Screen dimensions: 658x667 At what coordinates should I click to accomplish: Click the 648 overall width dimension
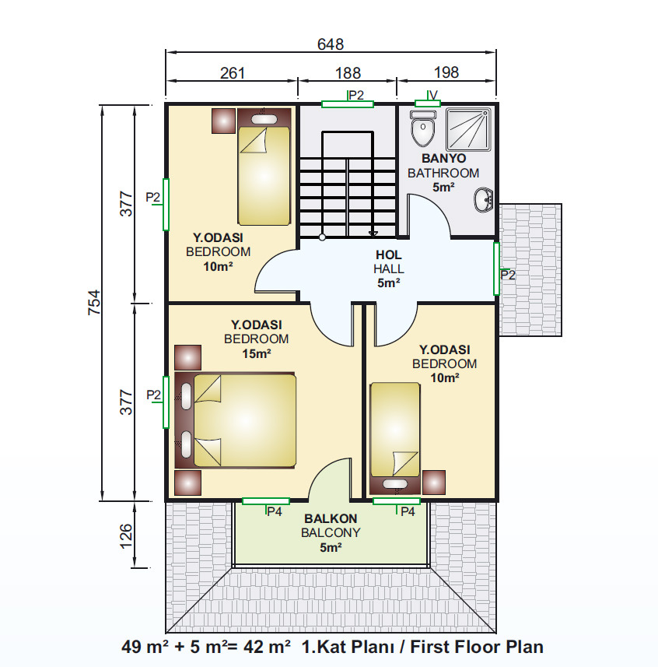click(331, 44)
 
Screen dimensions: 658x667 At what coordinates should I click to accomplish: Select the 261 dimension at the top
click(233, 73)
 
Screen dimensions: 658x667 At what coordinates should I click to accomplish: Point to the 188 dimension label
click(348, 73)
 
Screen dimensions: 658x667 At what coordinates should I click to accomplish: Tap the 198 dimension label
click(446, 72)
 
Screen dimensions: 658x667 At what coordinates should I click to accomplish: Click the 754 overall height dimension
click(94, 303)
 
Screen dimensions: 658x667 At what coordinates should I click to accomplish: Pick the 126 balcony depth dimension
click(126, 536)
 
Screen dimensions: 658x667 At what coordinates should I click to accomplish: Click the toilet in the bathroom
click(423, 128)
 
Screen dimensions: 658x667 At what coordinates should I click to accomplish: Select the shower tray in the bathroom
click(469, 129)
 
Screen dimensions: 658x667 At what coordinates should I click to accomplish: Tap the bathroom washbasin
click(484, 199)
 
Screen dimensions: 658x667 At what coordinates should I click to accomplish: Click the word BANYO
click(443, 158)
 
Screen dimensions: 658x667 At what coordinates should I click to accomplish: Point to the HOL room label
click(389, 255)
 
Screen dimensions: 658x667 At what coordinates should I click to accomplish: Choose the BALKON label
click(331, 518)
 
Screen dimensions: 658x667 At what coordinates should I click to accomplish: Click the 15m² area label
click(257, 353)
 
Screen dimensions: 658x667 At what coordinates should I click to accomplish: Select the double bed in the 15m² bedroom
click(236, 421)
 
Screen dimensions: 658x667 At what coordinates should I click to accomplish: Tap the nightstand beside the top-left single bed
click(223, 121)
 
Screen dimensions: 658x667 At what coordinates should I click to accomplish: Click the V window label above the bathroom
click(433, 95)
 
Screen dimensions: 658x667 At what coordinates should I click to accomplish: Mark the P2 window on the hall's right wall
click(496, 269)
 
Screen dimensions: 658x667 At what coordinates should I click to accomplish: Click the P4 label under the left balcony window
click(274, 512)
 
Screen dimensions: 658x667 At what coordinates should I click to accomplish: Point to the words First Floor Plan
click(477, 647)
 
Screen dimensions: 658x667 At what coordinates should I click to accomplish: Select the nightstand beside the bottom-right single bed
click(434, 483)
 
